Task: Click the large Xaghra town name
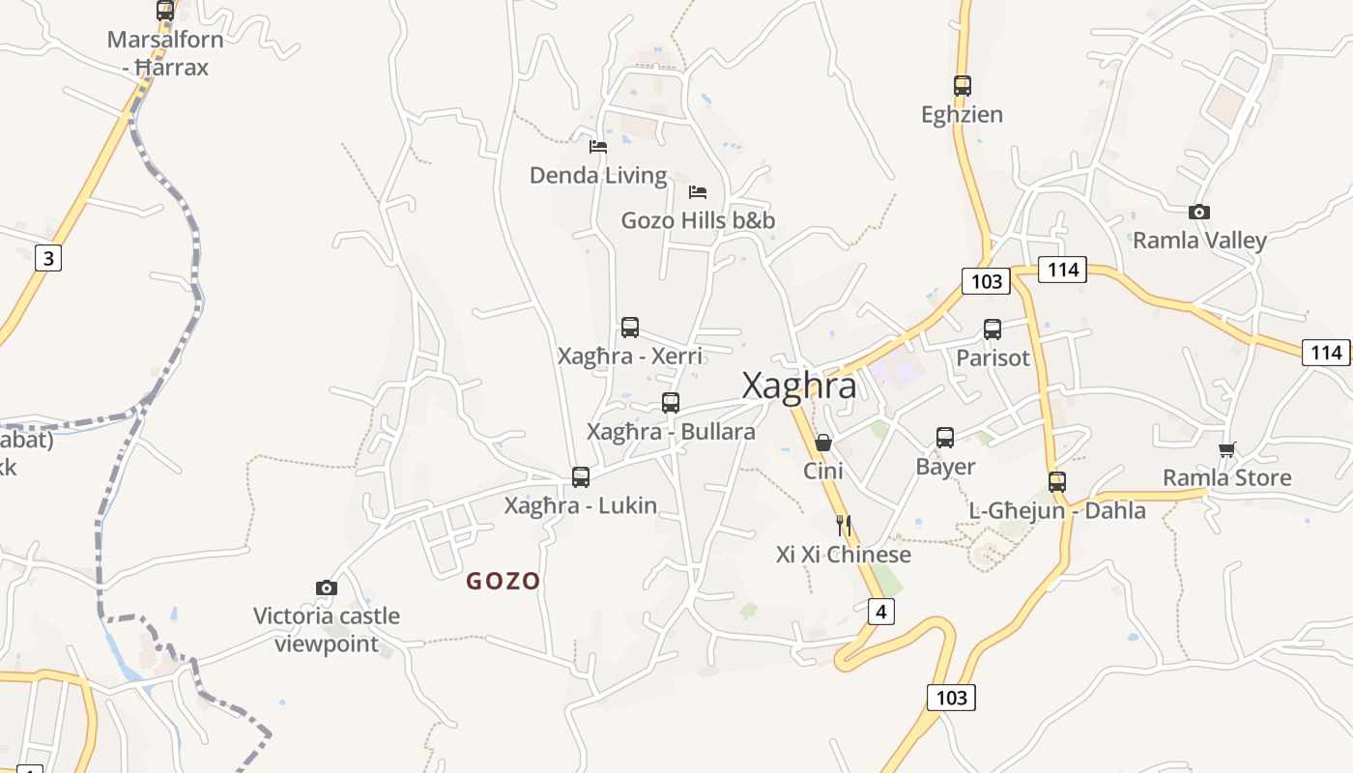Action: [x=798, y=386]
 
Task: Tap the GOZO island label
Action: [x=503, y=581]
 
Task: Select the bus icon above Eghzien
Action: [x=962, y=86]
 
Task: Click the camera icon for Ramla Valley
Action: [x=1198, y=212]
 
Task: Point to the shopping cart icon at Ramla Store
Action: [x=1226, y=448]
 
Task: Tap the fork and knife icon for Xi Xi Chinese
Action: [x=844, y=525]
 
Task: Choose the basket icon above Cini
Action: [x=823, y=443]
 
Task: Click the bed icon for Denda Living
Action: [x=598, y=147]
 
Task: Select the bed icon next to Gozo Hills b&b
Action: [x=698, y=191]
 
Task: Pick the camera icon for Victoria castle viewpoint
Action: [x=327, y=587]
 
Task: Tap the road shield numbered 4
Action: [x=880, y=611]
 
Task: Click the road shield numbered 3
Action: [x=47, y=258]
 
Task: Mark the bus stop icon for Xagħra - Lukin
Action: [x=581, y=476]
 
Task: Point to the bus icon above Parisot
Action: [x=993, y=329]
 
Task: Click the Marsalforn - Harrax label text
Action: [x=165, y=53]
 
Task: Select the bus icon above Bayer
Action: [x=945, y=438]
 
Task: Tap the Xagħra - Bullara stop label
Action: [x=671, y=431]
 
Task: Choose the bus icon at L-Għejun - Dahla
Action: [x=1057, y=481]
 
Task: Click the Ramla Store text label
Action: [x=1226, y=477]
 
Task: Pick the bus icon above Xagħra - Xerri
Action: [x=630, y=328]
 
